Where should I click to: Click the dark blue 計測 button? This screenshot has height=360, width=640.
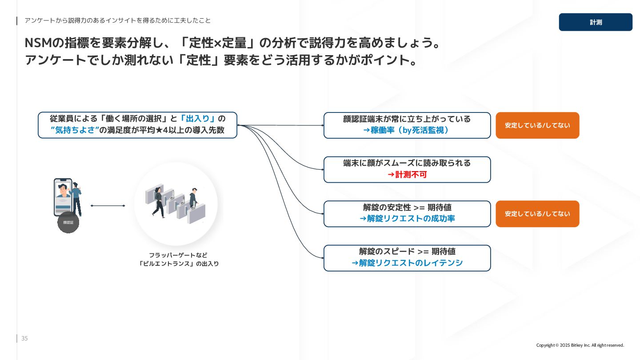point(596,22)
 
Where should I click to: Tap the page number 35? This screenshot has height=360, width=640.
point(24,339)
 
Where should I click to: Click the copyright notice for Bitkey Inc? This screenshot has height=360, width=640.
point(580,345)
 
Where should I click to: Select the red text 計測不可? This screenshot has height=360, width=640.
point(407,175)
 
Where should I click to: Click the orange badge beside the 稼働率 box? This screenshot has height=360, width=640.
point(537,125)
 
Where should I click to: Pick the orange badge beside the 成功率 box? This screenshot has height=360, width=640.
point(537,214)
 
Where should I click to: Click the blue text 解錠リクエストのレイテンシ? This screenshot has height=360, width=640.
point(407,263)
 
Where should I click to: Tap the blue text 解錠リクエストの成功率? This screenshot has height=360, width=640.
point(407,219)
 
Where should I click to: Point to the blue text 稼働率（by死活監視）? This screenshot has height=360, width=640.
point(407,131)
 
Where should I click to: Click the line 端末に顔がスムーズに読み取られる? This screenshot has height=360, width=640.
point(407,163)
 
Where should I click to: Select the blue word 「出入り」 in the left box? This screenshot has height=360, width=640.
point(198,119)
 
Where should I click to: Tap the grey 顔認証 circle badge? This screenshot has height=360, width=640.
point(68,222)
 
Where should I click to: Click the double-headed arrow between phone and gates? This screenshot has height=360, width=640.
point(108,206)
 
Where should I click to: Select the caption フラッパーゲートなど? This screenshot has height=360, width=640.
point(178,255)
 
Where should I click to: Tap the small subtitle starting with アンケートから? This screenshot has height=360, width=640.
point(117,20)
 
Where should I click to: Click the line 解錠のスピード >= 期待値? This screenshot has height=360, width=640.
point(407,252)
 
